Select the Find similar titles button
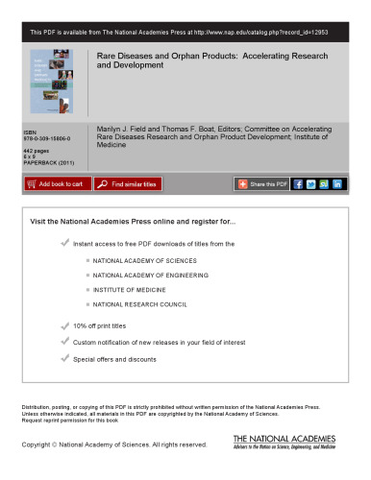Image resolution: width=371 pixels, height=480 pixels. pos(128,183)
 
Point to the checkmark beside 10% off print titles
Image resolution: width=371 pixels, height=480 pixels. pos(64,325)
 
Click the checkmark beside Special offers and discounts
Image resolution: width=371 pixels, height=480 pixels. pos(64,358)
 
